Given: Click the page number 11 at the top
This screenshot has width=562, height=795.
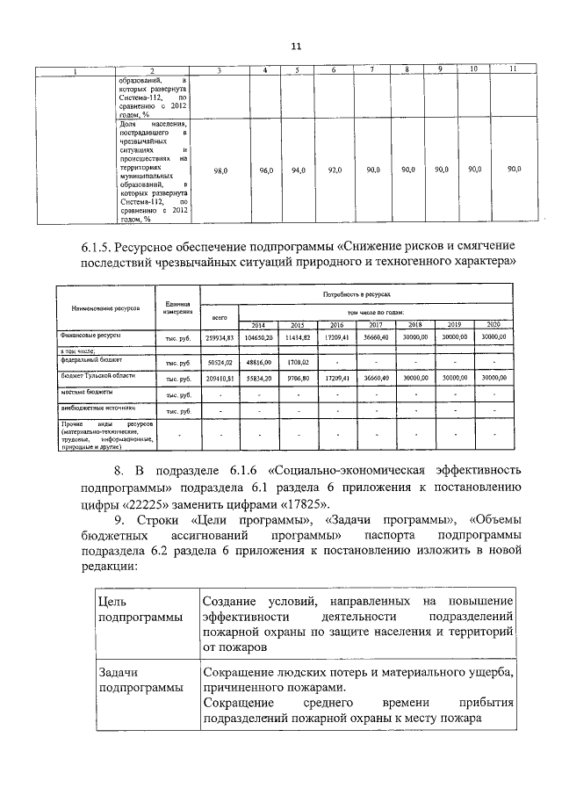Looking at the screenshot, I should pyautogui.click(x=296, y=47).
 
